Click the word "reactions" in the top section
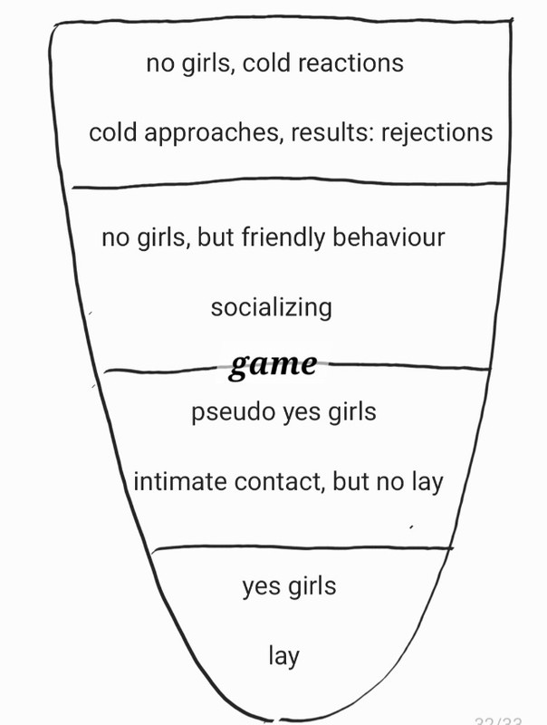(x=350, y=63)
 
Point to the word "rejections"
(x=437, y=133)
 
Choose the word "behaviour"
(x=389, y=237)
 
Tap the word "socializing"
(x=272, y=308)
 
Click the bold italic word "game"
(x=273, y=364)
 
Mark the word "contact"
(x=278, y=482)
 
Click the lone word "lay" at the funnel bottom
(x=283, y=655)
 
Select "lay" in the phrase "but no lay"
(x=425, y=482)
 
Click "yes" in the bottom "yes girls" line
(x=261, y=586)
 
